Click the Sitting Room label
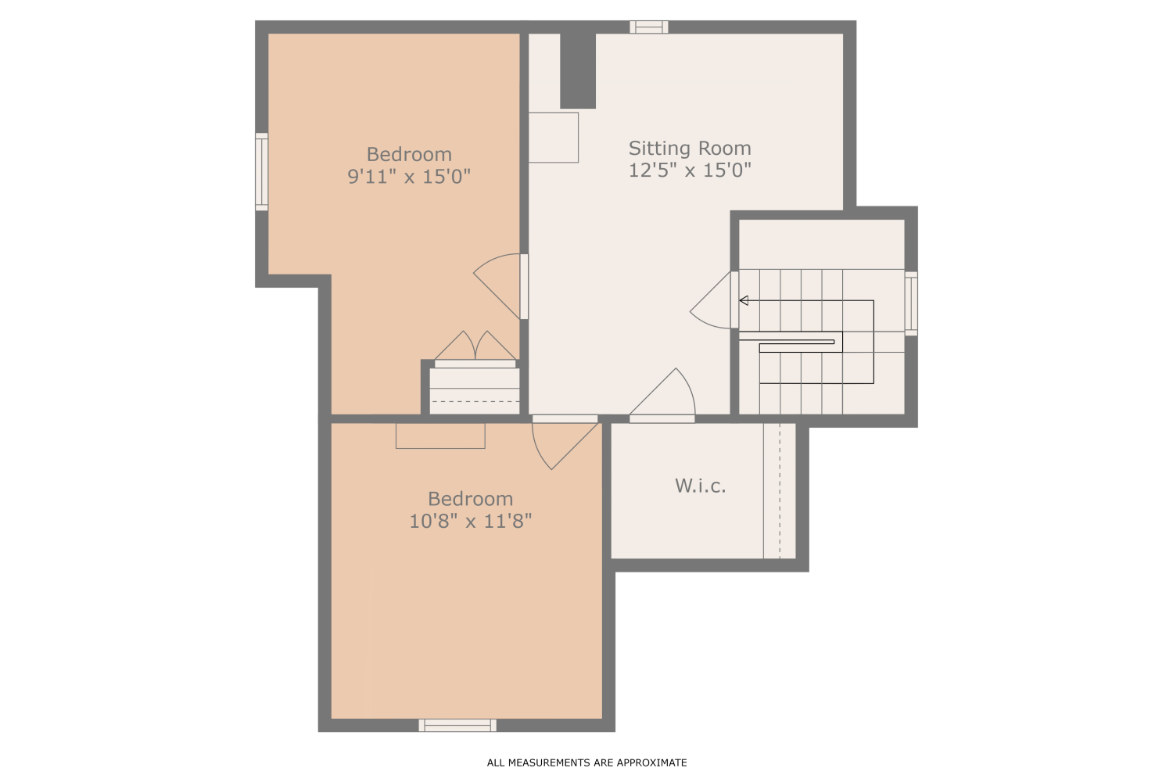point(690,148)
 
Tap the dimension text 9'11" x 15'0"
point(409,176)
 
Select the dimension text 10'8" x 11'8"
point(471,521)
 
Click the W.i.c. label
point(701,486)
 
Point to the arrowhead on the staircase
point(744,300)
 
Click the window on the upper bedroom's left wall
point(262,171)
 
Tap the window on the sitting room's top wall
point(649,27)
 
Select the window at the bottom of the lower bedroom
point(457,725)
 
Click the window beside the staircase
point(911,303)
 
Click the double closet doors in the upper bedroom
point(475,346)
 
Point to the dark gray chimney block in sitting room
point(578,70)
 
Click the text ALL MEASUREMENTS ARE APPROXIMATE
point(586,762)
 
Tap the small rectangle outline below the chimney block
point(554,138)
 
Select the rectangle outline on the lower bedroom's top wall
point(440,436)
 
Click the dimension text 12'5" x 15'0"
point(690,170)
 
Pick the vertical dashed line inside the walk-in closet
point(779,491)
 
